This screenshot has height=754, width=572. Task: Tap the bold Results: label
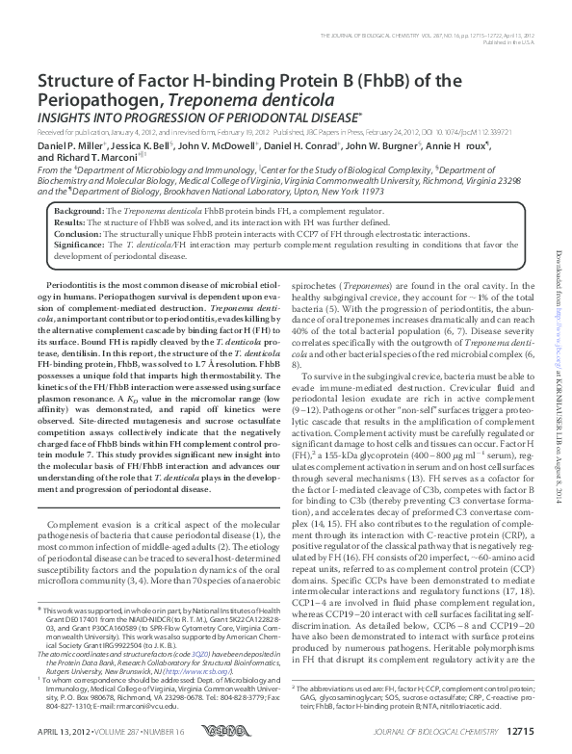(x=69, y=221)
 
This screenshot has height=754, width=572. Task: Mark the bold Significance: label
(x=80, y=245)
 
